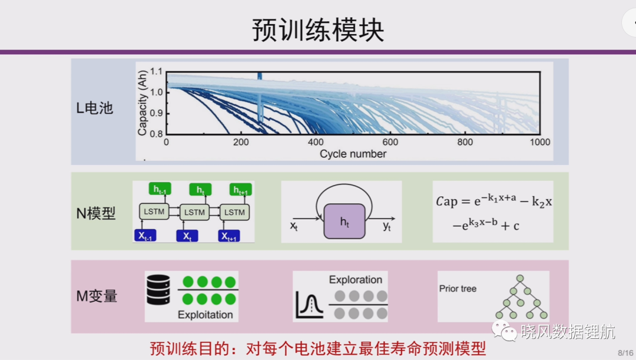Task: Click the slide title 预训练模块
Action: [x=317, y=29]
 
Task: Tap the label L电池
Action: [x=94, y=108]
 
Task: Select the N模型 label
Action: [x=96, y=213]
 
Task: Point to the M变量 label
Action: [x=97, y=296]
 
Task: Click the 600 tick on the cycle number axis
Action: [x=390, y=142]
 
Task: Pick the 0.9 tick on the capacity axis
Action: [x=156, y=113]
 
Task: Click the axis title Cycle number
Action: [x=353, y=154]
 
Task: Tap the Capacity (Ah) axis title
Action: [x=142, y=103]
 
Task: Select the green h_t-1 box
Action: [x=160, y=189]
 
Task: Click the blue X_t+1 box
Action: [x=228, y=236]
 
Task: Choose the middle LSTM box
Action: [x=194, y=212]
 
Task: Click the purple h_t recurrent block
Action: [x=344, y=221]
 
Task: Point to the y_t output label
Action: [x=387, y=226]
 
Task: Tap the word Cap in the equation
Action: [x=446, y=202]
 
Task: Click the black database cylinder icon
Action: [x=158, y=290]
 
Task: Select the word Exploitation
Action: [x=206, y=315]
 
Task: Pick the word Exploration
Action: [x=355, y=280]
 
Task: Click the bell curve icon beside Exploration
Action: [x=310, y=305]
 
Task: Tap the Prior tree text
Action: [x=458, y=289]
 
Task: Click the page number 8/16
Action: [x=625, y=353]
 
